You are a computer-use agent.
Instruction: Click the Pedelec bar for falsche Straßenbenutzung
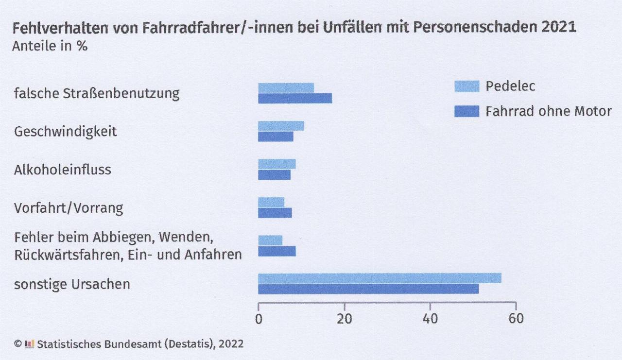(286, 88)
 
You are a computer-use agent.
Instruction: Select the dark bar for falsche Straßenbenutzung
(295, 99)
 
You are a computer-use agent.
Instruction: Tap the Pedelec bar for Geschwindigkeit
(281, 126)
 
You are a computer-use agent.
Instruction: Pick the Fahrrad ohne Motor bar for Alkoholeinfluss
(274, 175)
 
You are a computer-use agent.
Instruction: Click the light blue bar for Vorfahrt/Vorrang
(271, 202)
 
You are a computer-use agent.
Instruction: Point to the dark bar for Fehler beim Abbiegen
(276, 251)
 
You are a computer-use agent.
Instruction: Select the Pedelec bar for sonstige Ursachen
(380, 278)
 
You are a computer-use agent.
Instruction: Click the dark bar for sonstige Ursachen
(368, 289)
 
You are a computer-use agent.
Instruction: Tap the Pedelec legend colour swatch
(466, 86)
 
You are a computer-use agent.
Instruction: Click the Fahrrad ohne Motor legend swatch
(466, 111)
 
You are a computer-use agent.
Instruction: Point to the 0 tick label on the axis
(259, 319)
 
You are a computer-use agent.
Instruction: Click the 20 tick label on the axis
(345, 319)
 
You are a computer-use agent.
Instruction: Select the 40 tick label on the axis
(431, 319)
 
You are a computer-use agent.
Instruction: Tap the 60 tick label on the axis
(516, 319)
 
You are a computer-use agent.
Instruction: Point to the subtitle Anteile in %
(51, 47)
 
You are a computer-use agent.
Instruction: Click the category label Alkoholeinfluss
(63, 170)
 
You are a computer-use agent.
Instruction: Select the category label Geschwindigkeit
(66, 132)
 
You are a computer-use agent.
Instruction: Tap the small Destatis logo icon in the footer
(30, 344)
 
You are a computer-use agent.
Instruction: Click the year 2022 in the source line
(231, 344)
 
